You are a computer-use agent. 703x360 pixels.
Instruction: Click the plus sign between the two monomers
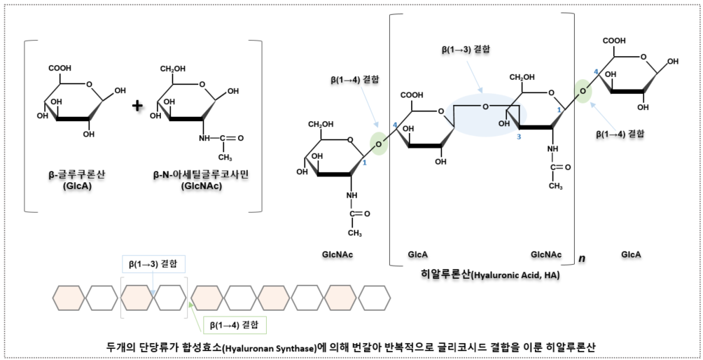coord(137,106)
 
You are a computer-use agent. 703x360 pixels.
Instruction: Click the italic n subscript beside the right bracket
coord(582,258)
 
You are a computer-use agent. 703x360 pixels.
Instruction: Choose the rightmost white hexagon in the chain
coord(374,297)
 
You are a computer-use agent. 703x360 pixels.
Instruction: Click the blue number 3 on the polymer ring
coord(519,137)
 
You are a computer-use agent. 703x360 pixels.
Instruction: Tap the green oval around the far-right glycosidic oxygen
coord(583,90)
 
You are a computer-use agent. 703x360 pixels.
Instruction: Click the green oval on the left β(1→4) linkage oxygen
coord(378,143)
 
